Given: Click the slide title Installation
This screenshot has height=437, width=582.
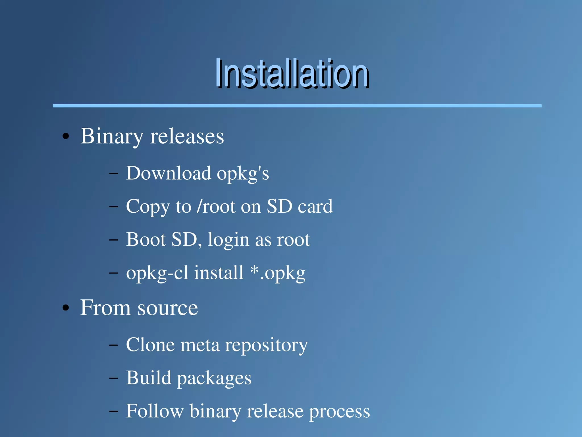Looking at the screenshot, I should point(292,73).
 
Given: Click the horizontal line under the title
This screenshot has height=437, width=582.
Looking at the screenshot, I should point(297,106).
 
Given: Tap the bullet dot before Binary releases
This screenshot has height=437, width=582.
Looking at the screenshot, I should point(66,136).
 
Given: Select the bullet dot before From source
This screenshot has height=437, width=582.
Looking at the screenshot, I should point(66,308).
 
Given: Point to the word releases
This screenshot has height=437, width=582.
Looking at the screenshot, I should point(187,136).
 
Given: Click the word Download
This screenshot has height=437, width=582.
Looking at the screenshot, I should point(169,173).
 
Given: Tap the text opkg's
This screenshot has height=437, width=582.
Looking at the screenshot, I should point(243,174).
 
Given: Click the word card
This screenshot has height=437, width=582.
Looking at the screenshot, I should point(315,206).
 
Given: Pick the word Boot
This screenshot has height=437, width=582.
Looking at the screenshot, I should point(146,239).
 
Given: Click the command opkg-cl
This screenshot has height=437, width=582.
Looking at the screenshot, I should point(157,273).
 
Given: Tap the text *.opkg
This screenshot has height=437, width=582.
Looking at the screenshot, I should point(278,273).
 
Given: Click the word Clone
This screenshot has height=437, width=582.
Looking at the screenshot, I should point(150,345).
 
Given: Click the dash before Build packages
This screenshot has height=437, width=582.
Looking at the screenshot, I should point(113,378).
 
